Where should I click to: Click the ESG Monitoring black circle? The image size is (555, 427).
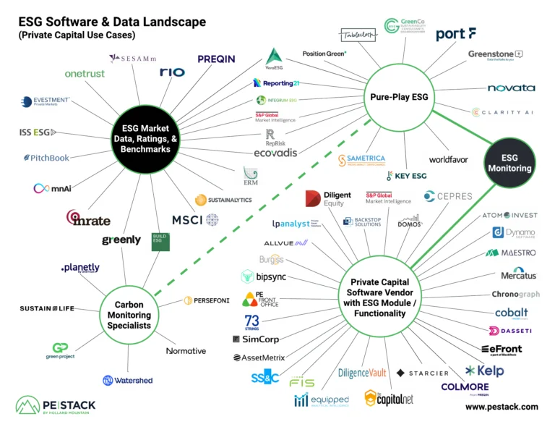tap(510, 162)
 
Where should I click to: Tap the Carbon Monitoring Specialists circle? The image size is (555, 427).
tap(129, 315)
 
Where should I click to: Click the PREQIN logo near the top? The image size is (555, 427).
tap(216, 59)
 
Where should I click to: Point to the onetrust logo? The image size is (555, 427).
tap(85, 73)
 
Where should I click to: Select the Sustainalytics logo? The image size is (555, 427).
tap(223, 200)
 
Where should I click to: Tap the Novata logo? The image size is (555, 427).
tap(511, 88)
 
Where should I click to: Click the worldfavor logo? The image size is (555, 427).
tap(449, 158)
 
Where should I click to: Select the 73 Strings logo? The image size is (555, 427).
tap(251, 322)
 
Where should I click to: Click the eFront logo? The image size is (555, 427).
tap(501, 350)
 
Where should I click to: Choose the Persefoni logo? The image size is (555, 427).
tap(207, 300)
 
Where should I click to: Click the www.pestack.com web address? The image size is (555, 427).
tap(501, 407)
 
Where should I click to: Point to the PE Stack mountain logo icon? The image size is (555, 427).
tap(28, 406)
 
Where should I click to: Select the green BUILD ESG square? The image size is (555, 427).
tap(160, 242)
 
